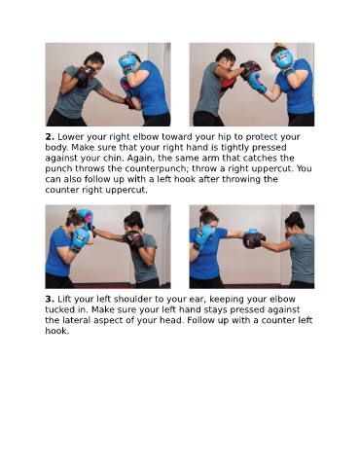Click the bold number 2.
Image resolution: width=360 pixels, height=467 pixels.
coord(50,137)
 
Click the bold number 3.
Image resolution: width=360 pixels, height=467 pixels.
coord(50,299)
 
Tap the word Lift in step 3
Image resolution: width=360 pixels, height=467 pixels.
coord(64,299)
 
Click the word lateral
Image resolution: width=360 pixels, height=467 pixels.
coord(76,320)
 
